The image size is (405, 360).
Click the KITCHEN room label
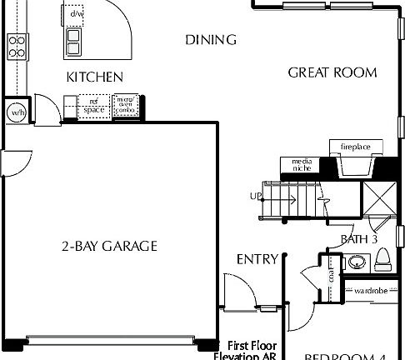(x=95, y=77)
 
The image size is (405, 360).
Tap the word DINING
(x=211, y=40)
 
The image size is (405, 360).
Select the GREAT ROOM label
(x=332, y=72)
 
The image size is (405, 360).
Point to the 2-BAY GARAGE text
(x=109, y=246)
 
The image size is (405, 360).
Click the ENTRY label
(x=257, y=259)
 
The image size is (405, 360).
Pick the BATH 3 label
(x=360, y=240)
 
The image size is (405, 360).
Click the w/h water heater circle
(x=17, y=112)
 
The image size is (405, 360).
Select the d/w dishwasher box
(x=77, y=14)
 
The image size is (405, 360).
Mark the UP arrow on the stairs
(x=255, y=197)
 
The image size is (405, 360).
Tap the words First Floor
(x=252, y=344)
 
